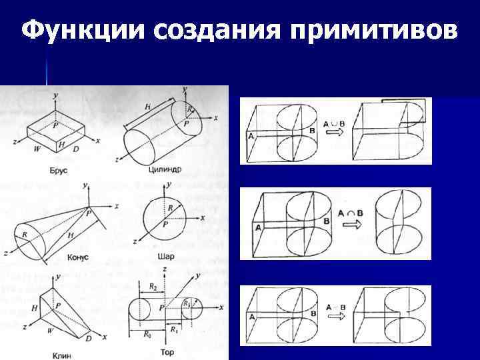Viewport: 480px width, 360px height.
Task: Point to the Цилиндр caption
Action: click(166, 169)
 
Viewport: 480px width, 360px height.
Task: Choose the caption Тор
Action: click(167, 351)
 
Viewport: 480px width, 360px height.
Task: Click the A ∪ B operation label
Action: click(333, 123)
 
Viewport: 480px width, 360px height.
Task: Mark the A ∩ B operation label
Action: click(351, 213)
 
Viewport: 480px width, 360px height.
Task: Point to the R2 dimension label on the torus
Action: click(154, 287)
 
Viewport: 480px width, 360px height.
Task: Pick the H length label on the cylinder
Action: click(147, 107)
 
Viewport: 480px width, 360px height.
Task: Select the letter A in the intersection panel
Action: click(258, 227)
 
